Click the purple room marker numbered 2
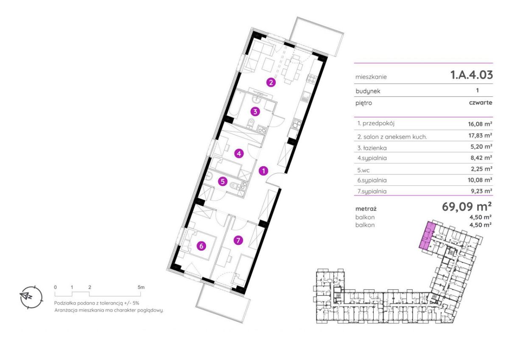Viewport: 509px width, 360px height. [x=271, y=82]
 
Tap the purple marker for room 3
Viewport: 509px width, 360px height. [x=255, y=112]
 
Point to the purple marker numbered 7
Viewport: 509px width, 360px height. [x=238, y=240]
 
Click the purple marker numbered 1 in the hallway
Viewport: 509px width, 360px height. [x=263, y=171]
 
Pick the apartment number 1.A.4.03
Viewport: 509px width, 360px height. [x=472, y=75]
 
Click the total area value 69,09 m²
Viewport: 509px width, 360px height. [x=467, y=206]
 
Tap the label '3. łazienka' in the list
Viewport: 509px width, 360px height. [x=372, y=148]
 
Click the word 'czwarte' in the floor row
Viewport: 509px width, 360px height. [x=481, y=103]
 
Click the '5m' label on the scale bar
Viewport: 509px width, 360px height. [x=141, y=287]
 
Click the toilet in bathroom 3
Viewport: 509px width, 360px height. [x=251, y=123]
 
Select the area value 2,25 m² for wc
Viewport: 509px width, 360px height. [x=481, y=169]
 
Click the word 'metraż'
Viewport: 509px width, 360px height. [x=366, y=209]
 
